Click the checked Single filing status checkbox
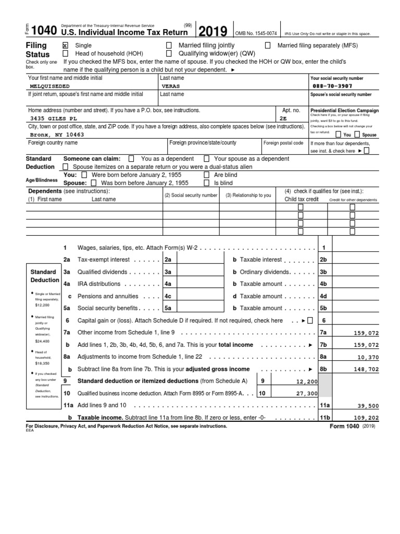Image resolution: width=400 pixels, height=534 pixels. pos(65,45)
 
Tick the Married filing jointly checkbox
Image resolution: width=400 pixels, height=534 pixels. pos(169,45)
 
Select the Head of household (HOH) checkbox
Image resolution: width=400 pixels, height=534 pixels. pos(65,53)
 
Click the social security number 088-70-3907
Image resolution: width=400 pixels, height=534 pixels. pos(332,86)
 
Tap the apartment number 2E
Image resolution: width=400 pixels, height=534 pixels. pos(283,118)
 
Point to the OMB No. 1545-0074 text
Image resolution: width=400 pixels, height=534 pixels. pos(256,33)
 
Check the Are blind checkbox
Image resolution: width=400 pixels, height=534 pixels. pos(207,175)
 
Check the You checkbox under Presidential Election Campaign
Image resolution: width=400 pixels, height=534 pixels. pos(340,135)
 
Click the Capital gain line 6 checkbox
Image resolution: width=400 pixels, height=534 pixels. pos(310,321)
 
